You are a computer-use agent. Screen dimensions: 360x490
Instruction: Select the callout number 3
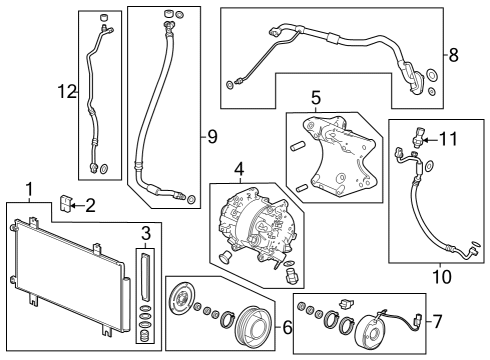145,234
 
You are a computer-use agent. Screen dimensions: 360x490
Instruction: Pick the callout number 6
288,327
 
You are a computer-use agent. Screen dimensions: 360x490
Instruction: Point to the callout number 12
66,93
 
